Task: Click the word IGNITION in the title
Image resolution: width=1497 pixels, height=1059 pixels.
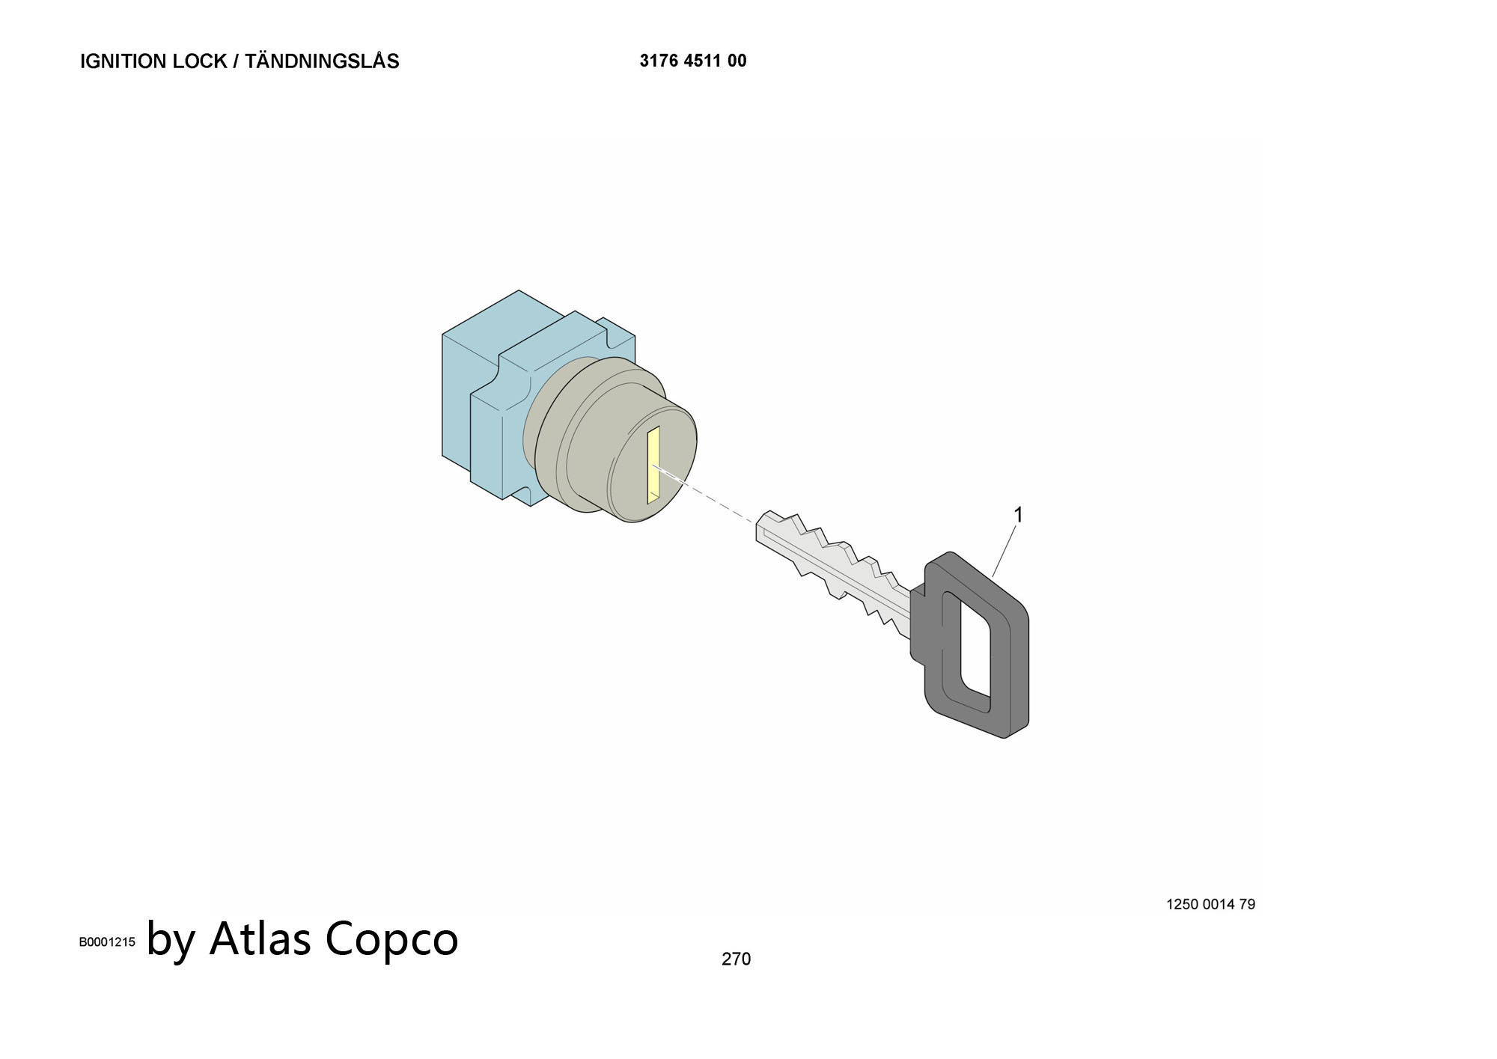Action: [x=124, y=61]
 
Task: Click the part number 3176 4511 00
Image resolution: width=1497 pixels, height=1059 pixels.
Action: [x=693, y=61]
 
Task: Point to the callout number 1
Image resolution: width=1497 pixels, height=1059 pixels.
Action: [x=1018, y=515]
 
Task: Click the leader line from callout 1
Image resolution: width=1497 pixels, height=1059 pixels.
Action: [x=1004, y=551]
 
